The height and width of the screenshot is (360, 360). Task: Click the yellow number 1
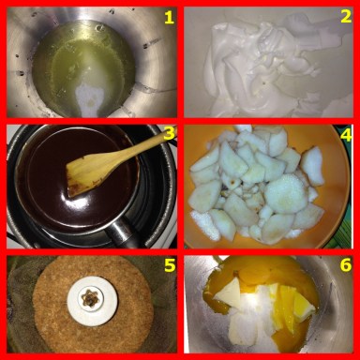pyautogui.click(x=169, y=18)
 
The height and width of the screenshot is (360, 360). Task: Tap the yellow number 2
pyautogui.click(x=346, y=17)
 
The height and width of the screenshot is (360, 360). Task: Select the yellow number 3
pyautogui.click(x=169, y=134)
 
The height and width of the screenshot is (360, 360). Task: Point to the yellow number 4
pyautogui.click(x=346, y=134)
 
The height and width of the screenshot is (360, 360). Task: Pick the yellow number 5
pyautogui.click(x=170, y=265)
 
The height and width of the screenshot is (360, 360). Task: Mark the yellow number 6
pyautogui.click(x=346, y=265)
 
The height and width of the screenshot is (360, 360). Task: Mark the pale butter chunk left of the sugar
pyautogui.click(x=230, y=292)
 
